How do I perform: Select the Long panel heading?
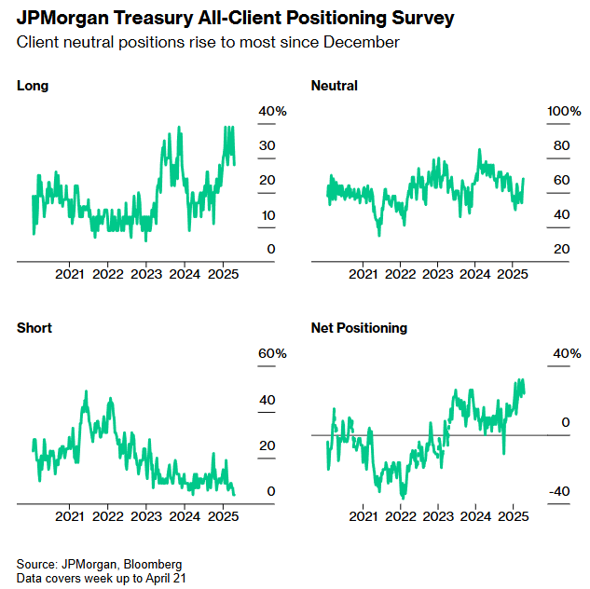pyautogui.click(x=33, y=86)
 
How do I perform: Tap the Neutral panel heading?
pyautogui.click(x=335, y=86)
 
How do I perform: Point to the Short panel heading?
pyautogui.click(x=34, y=328)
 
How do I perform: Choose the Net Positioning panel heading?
pyautogui.click(x=359, y=328)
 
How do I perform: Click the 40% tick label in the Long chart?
pyautogui.click(x=273, y=112)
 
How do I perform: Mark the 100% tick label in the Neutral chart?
pyautogui.click(x=564, y=112)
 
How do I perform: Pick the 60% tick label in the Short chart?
pyautogui.click(x=273, y=354)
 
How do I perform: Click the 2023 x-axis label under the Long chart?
pyautogui.click(x=146, y=275)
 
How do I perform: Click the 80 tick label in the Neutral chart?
pyautogui.click(x=561, y=146)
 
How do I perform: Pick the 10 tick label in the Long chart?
pyautogui.click(x=268, y=215)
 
